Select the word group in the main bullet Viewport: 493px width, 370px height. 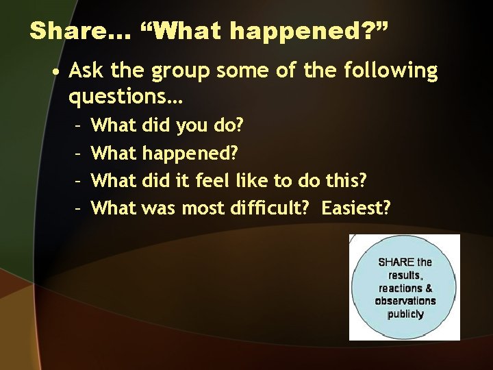pyautogui.click(x=189, y=71)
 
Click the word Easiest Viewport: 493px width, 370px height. pyautogui.click(x=355, y=208)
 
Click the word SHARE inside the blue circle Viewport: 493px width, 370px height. pyautogui.click(x=396, y=262)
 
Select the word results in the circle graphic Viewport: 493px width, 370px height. pyautogui.click(x=405, y=275)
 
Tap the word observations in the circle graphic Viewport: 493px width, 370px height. pyautogui.click(x=405, y=301)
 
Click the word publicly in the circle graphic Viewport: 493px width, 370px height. pyautogui.click(x=405, y=314)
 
